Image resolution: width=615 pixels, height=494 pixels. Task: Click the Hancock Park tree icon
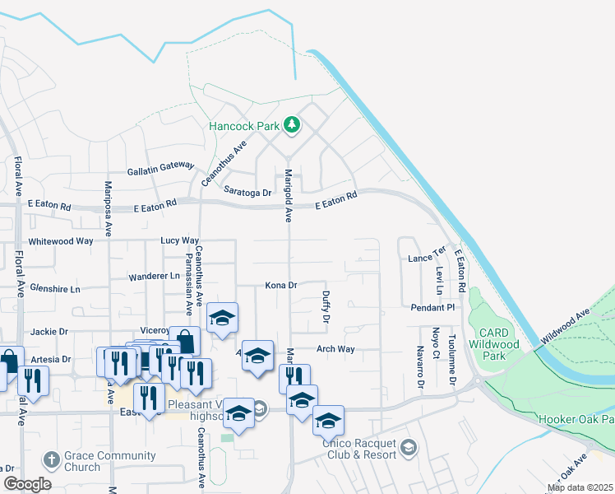click(x=291, y=125)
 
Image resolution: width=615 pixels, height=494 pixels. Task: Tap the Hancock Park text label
click(x=244, y=127)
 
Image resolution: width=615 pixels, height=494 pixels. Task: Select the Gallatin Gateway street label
click(x=160, y=168)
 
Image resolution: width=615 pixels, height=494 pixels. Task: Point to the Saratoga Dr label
click(x=247, y=192)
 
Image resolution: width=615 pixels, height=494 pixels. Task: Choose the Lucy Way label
click(x=180, y=240)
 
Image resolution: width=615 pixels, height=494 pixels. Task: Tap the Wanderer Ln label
click(x=154, y=277)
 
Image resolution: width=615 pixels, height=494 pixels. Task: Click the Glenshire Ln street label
click(x=55, y=289)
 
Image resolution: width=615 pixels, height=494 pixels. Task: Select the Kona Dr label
click(x=280, y=285)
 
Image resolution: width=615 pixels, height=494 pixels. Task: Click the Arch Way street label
click(x=335, y=349)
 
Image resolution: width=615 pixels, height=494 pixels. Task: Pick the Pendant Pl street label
click(x=432, y=307)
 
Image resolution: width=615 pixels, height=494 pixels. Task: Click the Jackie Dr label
click(x=49, y=331)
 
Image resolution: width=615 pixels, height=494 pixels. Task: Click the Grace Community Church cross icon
click(x=51, y=458)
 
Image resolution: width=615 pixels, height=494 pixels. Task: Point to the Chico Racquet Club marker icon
click(x=409, y=447)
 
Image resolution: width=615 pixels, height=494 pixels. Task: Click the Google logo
click(x=27, y=484)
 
